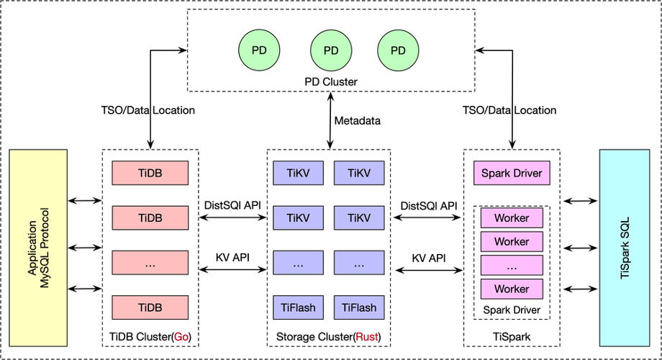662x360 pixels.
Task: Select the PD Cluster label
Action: click(x=330, y=82)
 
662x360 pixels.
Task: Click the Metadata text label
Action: click(x=357, y=120)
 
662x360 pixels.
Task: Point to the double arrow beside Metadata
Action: click(x=330, y=120)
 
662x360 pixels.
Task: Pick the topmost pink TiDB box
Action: click(x=150, y=174)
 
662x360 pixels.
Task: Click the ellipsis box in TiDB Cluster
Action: click(x=150, y=264)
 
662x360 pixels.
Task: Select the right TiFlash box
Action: click(x=359, y=307)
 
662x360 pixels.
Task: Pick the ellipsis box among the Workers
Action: click(x=512, y=266)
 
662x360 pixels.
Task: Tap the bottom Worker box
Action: click(x=512, y=289)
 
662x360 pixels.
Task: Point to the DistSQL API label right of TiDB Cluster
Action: click(x=233, y=206)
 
